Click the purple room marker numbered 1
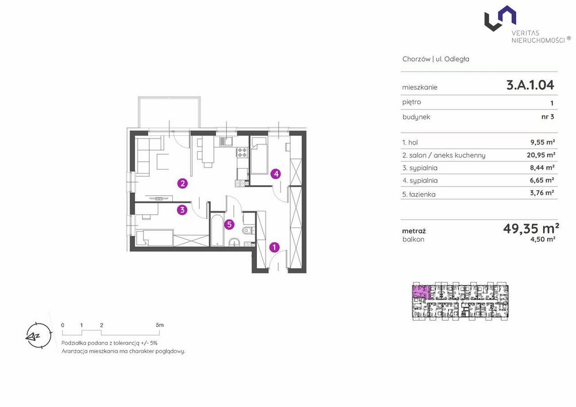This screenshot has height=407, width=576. [274, 248]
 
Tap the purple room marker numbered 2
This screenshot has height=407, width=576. [182, 183]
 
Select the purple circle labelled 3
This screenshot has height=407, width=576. [182, 210]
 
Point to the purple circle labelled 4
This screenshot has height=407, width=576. [276, 174]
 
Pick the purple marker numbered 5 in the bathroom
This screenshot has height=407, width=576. [229, 225]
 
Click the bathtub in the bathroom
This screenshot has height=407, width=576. [217, 230]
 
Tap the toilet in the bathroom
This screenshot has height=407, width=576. [248, 230]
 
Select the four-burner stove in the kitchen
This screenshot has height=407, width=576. [242, 152]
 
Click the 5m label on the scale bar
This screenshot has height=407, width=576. [160, 325]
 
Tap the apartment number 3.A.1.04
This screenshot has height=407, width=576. [530, 85]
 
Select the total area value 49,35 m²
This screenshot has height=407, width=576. [531, 229]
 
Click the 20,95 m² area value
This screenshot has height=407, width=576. [541, 155]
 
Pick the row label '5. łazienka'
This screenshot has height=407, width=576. [419, 194]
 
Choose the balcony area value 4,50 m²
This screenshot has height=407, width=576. [543, 239]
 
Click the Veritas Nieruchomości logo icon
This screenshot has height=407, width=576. [500, 18]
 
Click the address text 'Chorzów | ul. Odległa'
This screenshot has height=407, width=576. [435, 59]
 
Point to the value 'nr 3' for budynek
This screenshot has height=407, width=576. [548, 117]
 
